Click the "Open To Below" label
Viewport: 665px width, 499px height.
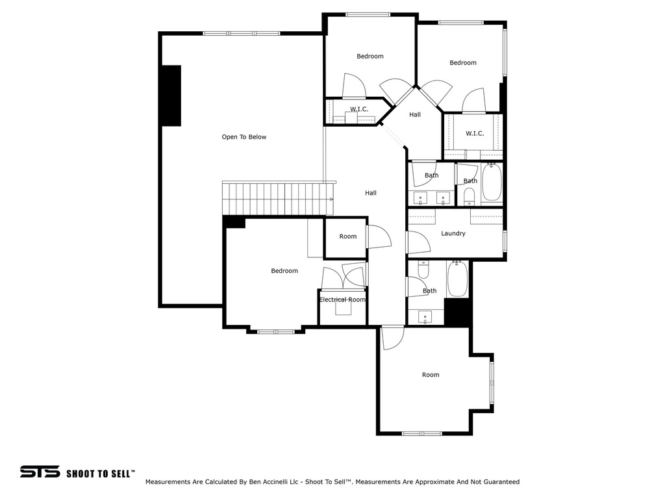click(244, 137)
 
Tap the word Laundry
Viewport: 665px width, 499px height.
click(453, 233)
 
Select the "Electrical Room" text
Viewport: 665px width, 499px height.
click(342, 300)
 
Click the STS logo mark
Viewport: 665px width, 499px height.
click(40, 472)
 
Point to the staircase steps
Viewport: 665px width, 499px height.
click(273, 198)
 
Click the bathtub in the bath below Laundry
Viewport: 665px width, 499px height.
click(457, 279)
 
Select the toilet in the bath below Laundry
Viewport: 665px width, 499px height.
click(423, 269)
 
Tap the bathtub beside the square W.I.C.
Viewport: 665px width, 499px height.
click(492, 183)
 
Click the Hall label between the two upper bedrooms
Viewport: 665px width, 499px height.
click(415, 115)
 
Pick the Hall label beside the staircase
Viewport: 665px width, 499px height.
click(370, 193)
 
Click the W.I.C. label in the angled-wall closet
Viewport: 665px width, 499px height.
click(359, 109)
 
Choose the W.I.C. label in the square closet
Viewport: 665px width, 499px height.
click(475, 134)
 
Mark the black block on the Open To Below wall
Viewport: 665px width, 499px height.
click(171, 96)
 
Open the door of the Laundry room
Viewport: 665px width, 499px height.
click(419, 242)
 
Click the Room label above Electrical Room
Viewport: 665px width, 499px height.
click(348, 237)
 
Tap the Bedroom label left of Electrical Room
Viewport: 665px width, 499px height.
click(284, 271)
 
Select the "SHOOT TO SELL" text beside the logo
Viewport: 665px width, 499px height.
click(100, 473)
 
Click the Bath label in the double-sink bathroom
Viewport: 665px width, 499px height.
click(431, 175)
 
